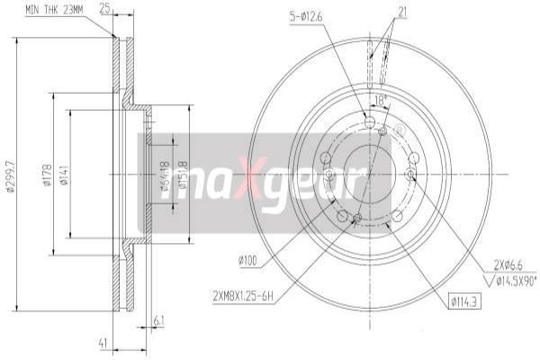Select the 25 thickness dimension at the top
click(x=106, y=9)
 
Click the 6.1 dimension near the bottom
click(x=159, y=319)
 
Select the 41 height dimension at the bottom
click(x=104, y=343)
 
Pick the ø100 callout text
click(x=249, y=261)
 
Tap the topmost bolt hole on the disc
click(x=368, y=122)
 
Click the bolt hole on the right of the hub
click(x=412, y=157)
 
